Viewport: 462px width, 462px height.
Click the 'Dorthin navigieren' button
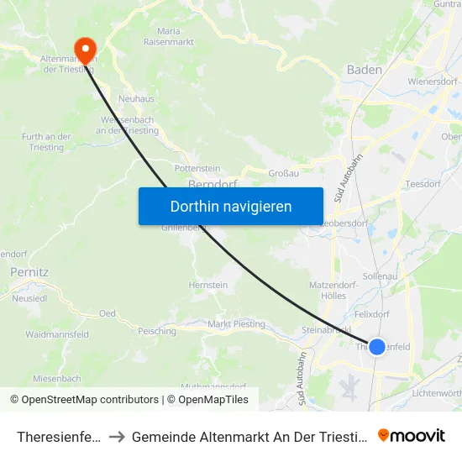click(x=231, y=206)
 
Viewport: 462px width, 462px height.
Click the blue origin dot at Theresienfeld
click(x=377, y=346)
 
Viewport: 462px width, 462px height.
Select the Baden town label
click(x=365, y=70)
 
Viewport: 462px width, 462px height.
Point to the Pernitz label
click(x=29, y=272)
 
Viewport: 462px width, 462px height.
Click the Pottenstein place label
click(x=197, y=168)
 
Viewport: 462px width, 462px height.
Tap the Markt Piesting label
click(x=236, y=324)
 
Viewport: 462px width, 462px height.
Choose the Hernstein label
click(x=208, y=286)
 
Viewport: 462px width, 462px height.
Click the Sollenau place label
click(x=379, y=276)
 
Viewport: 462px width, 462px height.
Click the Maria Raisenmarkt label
click(x=169, y=36)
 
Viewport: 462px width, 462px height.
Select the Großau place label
click(x=283, y=173)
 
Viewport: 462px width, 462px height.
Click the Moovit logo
click(x=412, y=435)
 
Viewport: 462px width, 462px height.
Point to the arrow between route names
click(x=117, y=436)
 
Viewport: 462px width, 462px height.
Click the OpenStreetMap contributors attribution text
click(x=84, y=400)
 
